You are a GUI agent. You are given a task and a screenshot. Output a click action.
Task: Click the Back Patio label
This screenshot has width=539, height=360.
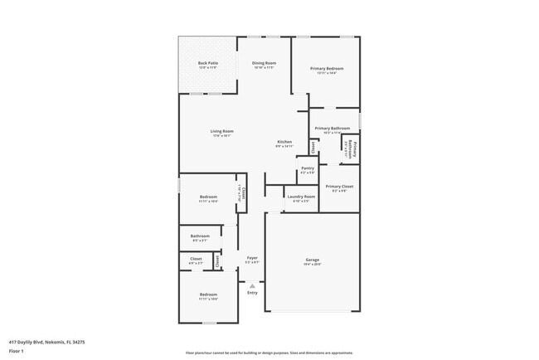pos(208,64)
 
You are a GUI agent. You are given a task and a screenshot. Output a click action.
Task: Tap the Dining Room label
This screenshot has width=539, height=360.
pos(265,64)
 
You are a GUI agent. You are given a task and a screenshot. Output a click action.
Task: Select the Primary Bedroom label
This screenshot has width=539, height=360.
pos(327,69)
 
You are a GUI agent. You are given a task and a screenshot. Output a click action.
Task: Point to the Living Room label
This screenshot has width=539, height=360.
pos(221,131)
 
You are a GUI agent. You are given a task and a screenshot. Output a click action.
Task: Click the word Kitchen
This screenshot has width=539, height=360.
pos(284,142)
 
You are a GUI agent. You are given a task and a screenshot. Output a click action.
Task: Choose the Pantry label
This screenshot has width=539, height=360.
pos(307,168)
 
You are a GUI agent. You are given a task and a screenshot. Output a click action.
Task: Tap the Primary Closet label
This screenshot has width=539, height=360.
pos(340,187)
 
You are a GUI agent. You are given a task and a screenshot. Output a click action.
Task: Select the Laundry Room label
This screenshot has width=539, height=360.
pos(300,197)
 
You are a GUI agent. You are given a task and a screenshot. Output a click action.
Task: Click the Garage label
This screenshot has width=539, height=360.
pos(312,260)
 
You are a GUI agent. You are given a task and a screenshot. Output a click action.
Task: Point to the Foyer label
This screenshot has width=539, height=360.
pos(252,258)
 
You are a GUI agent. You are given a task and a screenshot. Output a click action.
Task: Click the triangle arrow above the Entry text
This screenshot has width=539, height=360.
pos(252,285)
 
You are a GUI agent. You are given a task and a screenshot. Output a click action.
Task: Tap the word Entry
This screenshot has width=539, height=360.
pos(252,292)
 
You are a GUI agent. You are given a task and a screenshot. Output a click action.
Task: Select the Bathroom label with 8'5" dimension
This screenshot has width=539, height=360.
pos(200,236)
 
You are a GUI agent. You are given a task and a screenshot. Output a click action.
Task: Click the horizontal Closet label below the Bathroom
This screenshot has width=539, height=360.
pos(196,259)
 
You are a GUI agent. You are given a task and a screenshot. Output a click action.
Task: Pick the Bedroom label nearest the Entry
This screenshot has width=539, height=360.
pos(207,294)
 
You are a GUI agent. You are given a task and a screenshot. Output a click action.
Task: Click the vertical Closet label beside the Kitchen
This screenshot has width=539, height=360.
pos(313,148)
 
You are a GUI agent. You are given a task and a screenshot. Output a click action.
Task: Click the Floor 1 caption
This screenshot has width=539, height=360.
pos(17,351)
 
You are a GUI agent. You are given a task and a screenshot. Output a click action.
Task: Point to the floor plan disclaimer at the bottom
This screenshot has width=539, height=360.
pos(269,352)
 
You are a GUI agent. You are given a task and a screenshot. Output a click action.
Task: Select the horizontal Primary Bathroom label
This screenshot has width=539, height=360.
pos(333,129)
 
